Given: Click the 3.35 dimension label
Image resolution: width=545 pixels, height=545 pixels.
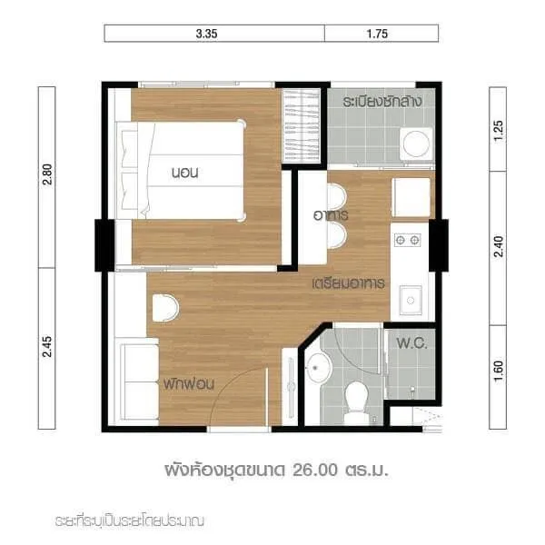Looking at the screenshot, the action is click(x=206, y=34).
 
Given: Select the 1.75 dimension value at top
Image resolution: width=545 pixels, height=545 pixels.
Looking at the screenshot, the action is click(x=377, y=34).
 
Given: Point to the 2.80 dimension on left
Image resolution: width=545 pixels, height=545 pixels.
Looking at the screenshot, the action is click(x=47, y=174).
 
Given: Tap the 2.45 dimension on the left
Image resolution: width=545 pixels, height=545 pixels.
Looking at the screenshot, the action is click(x=47, y=346).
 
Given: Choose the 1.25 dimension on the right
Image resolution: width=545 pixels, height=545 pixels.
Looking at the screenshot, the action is click(x=498, y=130).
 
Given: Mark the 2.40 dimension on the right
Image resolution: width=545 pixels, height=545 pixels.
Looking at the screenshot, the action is click(x=498, y=246).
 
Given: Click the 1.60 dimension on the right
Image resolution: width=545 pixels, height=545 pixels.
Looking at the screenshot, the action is click(x=498, y=371).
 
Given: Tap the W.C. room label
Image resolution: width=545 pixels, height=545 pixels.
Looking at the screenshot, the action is click(x=411, y=343).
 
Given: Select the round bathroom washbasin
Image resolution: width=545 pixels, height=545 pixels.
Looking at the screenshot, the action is click(x=317, y=368).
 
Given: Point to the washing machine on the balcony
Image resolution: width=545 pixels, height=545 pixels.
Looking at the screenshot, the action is click(x=416, y=144).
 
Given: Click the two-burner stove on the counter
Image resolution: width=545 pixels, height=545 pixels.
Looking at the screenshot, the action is click(x=407, y=240).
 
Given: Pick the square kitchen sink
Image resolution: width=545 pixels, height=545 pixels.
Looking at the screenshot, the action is click(x=411, y=300).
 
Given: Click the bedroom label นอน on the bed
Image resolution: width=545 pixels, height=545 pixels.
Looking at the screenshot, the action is click(x=185, y=173).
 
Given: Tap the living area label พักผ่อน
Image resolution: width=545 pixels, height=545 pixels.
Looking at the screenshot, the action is click(x=189, y=383).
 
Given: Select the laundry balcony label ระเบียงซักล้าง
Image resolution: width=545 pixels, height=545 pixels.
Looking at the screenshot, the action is click(x=382, y=101).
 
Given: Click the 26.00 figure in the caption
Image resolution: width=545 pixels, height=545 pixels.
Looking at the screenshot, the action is click(x=315, y=470).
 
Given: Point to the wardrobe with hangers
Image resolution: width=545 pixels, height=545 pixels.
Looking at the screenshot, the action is click(x=301, y=126).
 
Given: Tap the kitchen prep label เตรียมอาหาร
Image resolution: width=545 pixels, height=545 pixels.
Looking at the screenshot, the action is click(x=349, y=283).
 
